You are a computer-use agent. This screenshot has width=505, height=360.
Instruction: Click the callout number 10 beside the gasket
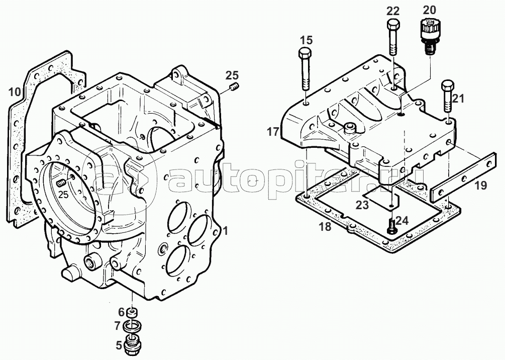coord(15,92)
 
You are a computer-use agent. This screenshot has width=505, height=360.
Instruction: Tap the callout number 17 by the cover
coord(273,132)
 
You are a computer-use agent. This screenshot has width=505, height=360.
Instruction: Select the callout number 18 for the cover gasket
coord(325,227)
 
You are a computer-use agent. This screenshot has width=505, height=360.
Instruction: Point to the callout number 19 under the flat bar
coord(481,186)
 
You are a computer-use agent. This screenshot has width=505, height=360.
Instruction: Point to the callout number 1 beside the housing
coord(226,230)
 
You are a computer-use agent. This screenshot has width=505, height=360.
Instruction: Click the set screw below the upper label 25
coord(235,87)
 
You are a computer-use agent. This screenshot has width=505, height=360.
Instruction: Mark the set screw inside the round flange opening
coord(61,183)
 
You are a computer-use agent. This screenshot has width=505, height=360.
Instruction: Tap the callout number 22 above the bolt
coord(393,11)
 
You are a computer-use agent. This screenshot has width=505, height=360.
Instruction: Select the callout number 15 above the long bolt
coord(307,40)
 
